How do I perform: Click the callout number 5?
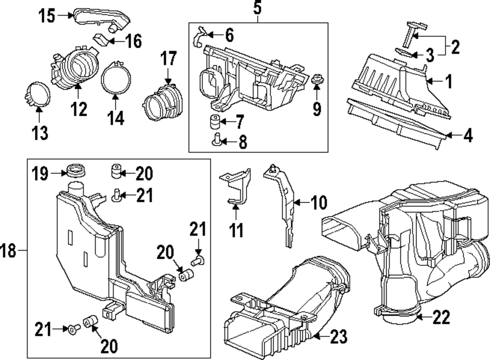pos(258,8)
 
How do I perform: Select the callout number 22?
pos(441,319)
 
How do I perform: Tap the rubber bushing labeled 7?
pos(213,121)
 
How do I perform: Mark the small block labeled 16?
pos(102,39)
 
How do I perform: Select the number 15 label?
pos(48,16)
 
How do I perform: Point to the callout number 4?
pos(468,136)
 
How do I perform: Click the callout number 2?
pos(455,47)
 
